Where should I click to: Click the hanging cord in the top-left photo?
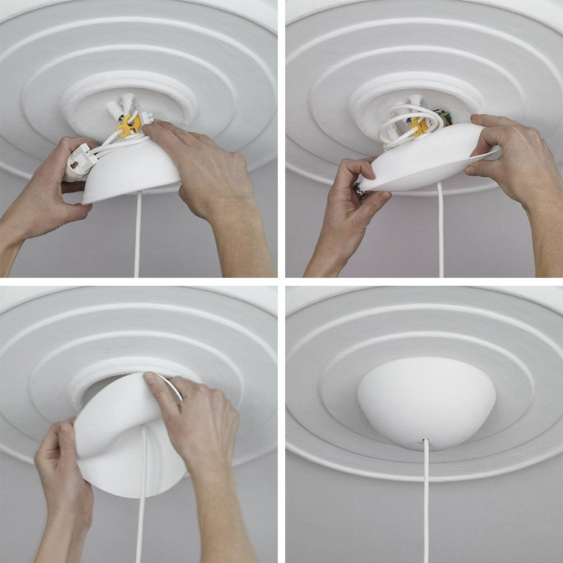point(137,236)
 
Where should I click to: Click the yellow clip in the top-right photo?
point(418,125)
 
